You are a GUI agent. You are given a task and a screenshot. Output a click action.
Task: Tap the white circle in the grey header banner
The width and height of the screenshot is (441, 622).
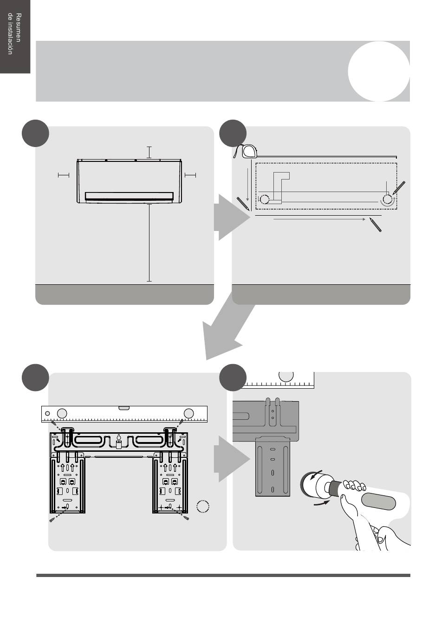[379, 71]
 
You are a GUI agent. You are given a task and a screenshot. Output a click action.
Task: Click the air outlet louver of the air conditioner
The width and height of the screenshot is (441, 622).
[130, 196]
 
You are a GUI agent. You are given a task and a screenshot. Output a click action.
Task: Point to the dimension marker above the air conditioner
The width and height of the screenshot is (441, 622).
[149, 152]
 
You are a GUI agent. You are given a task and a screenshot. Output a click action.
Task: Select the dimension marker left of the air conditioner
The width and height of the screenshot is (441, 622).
[63, 175]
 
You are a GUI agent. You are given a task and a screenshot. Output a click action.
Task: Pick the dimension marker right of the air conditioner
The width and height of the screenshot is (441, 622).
[190, 175]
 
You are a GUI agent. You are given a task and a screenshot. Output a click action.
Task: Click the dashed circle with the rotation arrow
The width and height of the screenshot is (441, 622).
[387, 199]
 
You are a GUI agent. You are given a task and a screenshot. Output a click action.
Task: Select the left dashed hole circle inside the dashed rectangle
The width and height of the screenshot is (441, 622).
[264, 199]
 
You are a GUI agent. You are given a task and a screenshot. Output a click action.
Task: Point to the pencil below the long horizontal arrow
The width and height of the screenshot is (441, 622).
[376, 224]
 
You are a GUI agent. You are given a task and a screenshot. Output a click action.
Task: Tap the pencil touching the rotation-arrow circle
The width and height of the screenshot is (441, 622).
[399, 188]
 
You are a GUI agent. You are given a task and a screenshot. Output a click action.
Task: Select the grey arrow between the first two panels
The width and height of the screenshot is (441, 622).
[231, 218]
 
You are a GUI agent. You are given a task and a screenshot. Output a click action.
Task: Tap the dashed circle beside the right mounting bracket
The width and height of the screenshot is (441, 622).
[203, 507]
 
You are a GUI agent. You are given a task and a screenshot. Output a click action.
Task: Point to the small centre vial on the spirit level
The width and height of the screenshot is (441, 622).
[124, 408]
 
